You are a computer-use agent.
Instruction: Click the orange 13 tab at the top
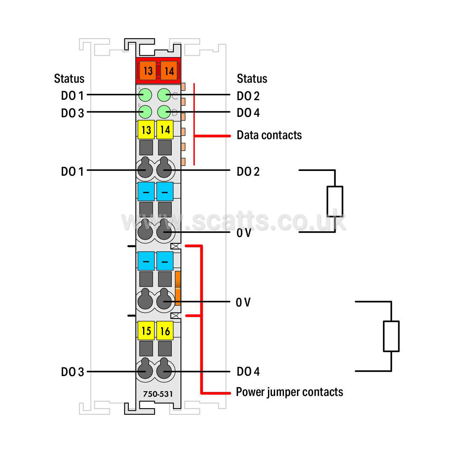147,70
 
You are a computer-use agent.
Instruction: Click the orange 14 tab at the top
169,70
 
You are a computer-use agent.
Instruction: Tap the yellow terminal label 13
146,130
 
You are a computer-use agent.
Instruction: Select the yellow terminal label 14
165,130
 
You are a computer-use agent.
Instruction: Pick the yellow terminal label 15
146,330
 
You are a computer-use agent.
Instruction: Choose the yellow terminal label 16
165,330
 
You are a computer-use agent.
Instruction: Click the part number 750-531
158,394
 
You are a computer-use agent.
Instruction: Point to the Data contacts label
269,135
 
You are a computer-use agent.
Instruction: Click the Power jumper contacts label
289,392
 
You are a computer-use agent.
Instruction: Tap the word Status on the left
69,78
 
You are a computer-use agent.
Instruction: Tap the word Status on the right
252,78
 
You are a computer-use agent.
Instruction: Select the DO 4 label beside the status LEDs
248,113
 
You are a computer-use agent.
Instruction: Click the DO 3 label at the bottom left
72,372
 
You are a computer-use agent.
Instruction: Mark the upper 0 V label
244,233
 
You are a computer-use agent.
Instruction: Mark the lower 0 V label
243,302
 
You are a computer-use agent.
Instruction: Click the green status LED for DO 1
145,95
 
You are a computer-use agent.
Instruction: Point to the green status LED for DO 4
164,112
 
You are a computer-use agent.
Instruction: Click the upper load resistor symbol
335,201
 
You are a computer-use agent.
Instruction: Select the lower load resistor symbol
391,336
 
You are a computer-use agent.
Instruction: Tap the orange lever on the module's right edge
178,288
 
